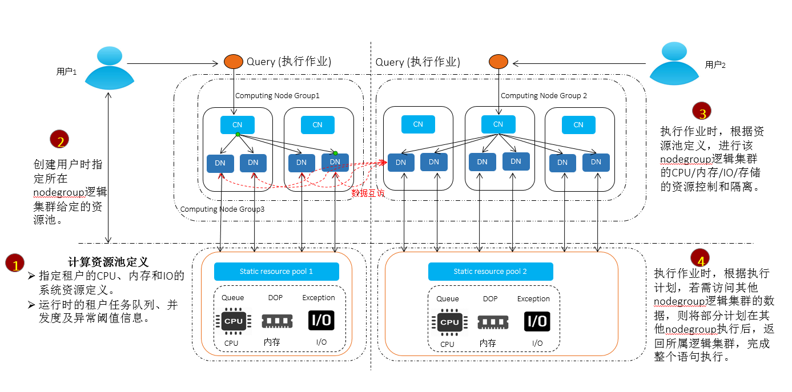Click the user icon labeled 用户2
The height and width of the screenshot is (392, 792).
pos(674,64)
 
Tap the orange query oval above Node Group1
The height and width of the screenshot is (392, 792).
pos(232,62)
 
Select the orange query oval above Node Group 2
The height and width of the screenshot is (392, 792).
pos(498,62)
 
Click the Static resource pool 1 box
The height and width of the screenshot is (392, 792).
pos(276,272)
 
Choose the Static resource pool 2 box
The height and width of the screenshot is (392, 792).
pos(491,272)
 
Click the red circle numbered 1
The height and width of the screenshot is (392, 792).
pos(15,264)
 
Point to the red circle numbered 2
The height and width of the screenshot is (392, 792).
pos(59,140)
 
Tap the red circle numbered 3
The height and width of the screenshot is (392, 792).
pos(702,111)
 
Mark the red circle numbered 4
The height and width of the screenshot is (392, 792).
pos(701,257)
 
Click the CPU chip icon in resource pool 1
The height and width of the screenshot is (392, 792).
pos(233,321)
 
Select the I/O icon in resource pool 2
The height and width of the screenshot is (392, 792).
pos(537,321)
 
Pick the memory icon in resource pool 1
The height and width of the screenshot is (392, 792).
pos(276,321)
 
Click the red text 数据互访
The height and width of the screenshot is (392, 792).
pos(368,193)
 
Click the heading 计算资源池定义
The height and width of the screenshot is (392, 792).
pos(108,262)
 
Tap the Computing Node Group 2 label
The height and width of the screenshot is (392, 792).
pos(544,96)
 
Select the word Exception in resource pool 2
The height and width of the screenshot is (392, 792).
pos(533,299)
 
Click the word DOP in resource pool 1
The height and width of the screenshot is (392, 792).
pos(275,298)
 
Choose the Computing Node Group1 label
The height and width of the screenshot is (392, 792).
pos(277,96)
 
